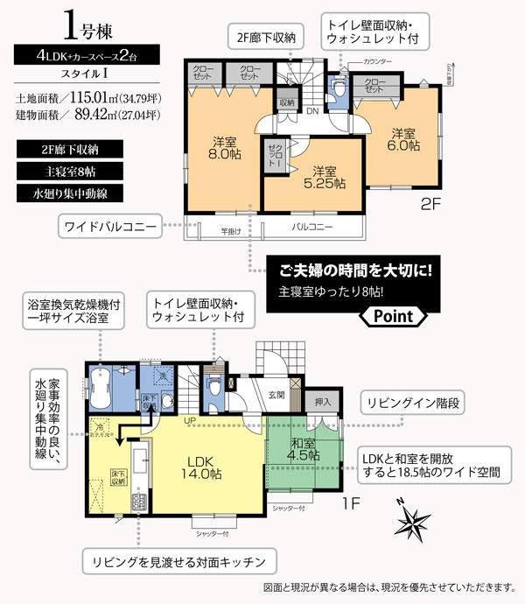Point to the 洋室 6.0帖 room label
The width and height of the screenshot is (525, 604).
[402, 141]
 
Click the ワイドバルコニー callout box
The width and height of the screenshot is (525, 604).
[110, 228]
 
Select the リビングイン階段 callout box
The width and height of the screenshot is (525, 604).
[410, 404]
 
